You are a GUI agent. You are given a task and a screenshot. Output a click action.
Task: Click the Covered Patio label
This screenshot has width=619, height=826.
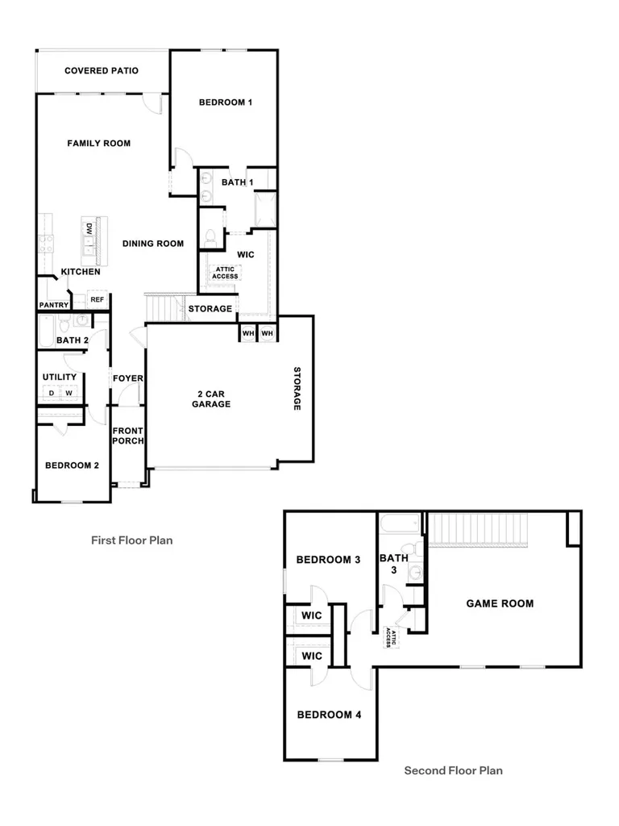coord(102,71)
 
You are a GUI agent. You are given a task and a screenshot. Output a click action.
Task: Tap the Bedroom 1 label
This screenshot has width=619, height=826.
coord(226,102)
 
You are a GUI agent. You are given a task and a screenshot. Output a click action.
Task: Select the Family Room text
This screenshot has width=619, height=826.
coord(99,144)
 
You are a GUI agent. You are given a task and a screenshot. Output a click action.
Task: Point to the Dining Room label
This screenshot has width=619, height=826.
coord(153,244)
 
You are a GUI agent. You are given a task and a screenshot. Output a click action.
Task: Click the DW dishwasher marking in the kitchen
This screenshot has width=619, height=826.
coord(89,229)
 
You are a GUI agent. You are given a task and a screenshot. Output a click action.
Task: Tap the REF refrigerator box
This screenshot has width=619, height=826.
coord(97,299)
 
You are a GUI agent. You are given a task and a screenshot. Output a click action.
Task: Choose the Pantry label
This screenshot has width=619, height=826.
coord(54,305)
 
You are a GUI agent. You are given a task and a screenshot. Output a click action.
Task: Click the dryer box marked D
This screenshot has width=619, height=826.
coord(52,393)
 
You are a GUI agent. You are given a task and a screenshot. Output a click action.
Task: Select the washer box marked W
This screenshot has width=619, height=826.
coord(69,393)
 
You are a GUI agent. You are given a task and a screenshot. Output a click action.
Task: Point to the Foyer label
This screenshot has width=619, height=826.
coord(128,378)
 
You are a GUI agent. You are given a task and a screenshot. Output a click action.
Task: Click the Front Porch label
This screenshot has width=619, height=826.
coord(128,436)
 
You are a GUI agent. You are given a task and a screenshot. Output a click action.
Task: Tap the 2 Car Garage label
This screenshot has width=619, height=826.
coord(211,398)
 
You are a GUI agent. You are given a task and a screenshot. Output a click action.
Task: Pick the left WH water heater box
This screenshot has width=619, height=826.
coord(248,333)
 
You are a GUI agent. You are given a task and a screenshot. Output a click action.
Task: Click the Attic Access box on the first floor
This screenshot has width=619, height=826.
coord(226,273)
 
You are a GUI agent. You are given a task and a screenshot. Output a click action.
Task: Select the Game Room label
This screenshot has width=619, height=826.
coord(500,603)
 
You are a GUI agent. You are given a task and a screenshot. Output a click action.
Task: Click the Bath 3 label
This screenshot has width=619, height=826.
coord(393,564)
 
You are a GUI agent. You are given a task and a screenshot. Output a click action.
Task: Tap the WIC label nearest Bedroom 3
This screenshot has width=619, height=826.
coord(312,615)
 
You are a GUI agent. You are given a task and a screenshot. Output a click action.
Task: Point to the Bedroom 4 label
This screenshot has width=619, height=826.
coord(329,715)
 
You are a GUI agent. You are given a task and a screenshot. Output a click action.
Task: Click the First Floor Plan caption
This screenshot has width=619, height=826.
coord(131,540)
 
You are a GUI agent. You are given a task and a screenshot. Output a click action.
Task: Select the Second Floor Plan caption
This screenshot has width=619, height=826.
coord(453,770)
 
